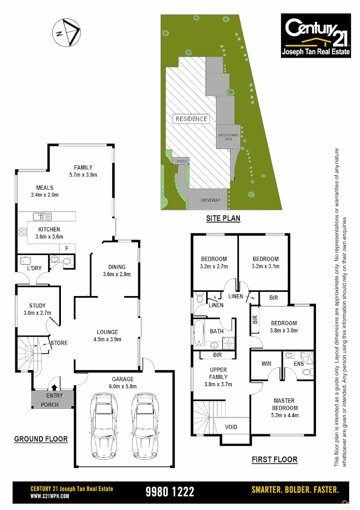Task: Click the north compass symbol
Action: pos(66,33)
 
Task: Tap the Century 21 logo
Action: pos(316,35)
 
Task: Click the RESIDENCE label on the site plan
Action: pos(191,119)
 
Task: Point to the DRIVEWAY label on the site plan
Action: pos(210,200)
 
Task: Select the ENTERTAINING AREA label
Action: pos(228,137)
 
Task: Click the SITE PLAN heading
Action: pos(223,218)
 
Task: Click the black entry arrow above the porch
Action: pos(53,387)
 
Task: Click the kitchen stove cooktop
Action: pos(22,232)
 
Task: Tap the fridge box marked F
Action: pos(67,248)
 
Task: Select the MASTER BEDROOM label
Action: pos(285,404)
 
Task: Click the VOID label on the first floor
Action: pos(231,427)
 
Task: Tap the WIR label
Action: pos(266,364)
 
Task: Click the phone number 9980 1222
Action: pos(170,492)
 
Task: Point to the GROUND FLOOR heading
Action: pos(41,439)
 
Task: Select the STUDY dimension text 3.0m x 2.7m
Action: pos(37,313)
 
